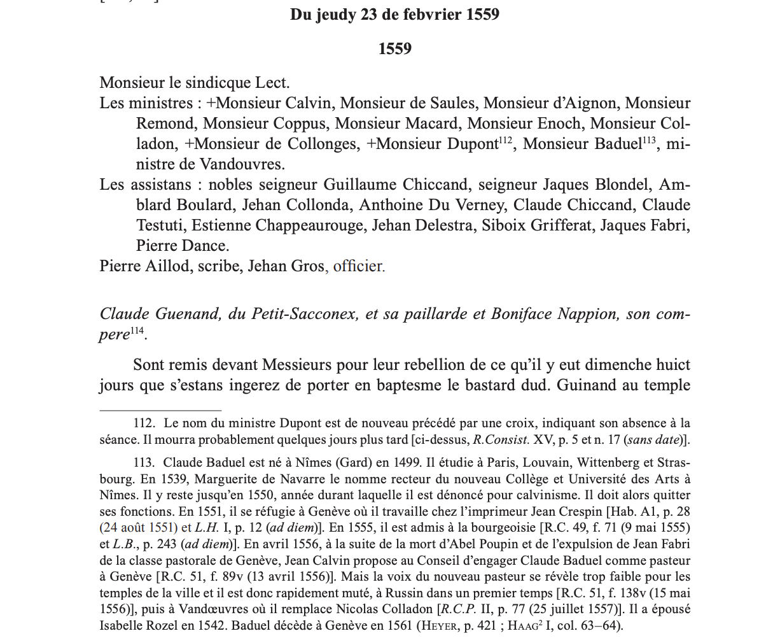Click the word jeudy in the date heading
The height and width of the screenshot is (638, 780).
pyautogui.click(x=335, y=15)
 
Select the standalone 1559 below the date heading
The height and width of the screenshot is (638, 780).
pyautogui.click(x=394, y=49)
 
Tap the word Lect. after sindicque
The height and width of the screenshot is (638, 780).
pyautogui.click(x=272, y=83)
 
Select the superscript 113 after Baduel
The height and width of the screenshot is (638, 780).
pyautogui.click(x=649, y=139)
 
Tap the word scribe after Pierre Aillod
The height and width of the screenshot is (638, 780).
pyautogui.click(x=219, y=266)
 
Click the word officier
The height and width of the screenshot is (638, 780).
pyautogui.click(x=359, y=266)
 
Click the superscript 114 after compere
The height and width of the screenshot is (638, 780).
pyautogui.click(x=137, y=331)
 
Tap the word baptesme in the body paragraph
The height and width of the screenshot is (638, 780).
pyautogui.click(x=459, y=385)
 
